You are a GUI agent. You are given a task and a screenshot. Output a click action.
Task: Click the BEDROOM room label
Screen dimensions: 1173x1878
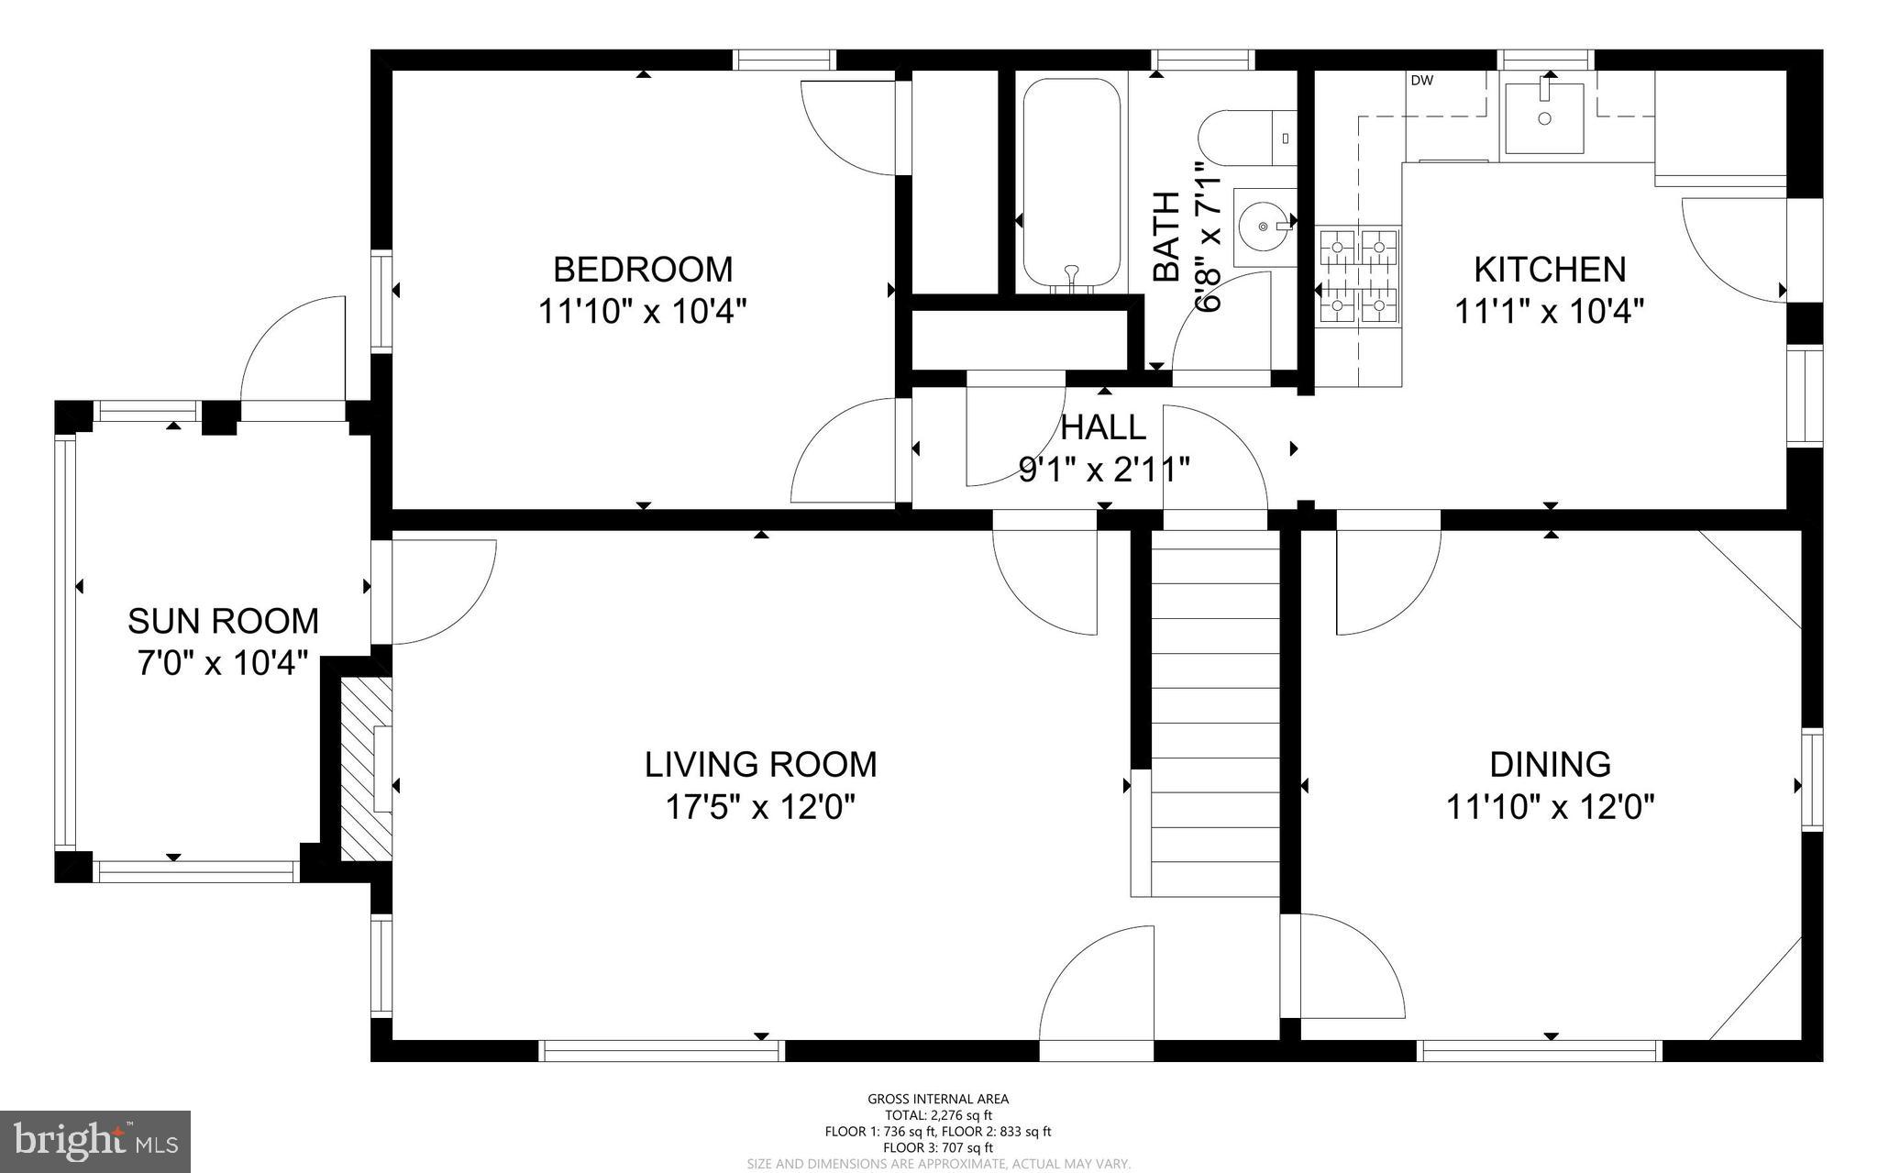642,270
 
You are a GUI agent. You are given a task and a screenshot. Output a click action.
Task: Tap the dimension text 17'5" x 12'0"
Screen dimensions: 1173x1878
760,807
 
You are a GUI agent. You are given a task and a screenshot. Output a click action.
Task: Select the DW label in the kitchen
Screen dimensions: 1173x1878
1421,81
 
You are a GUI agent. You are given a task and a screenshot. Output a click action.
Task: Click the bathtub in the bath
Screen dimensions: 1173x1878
1071,183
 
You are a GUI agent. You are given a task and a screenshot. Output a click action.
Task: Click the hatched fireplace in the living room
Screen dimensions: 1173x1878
365,769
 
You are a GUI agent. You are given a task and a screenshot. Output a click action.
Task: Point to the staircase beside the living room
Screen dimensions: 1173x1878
1215,715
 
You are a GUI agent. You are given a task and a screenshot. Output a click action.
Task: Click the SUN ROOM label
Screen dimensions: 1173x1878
223,621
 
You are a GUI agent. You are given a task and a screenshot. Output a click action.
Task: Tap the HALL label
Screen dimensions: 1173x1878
1103,427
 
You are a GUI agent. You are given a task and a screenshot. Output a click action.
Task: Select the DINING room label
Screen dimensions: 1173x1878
1550,764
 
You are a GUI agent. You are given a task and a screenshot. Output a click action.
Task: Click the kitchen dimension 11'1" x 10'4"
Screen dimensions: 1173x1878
1549,312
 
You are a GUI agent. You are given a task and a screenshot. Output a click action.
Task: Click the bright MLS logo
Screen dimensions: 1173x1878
95,1141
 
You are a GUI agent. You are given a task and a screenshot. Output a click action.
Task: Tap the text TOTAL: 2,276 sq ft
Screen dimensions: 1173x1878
938,1115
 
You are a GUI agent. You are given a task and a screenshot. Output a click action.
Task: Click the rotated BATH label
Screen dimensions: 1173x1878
1165,237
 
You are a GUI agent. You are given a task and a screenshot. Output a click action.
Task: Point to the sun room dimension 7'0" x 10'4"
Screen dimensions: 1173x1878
222,662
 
